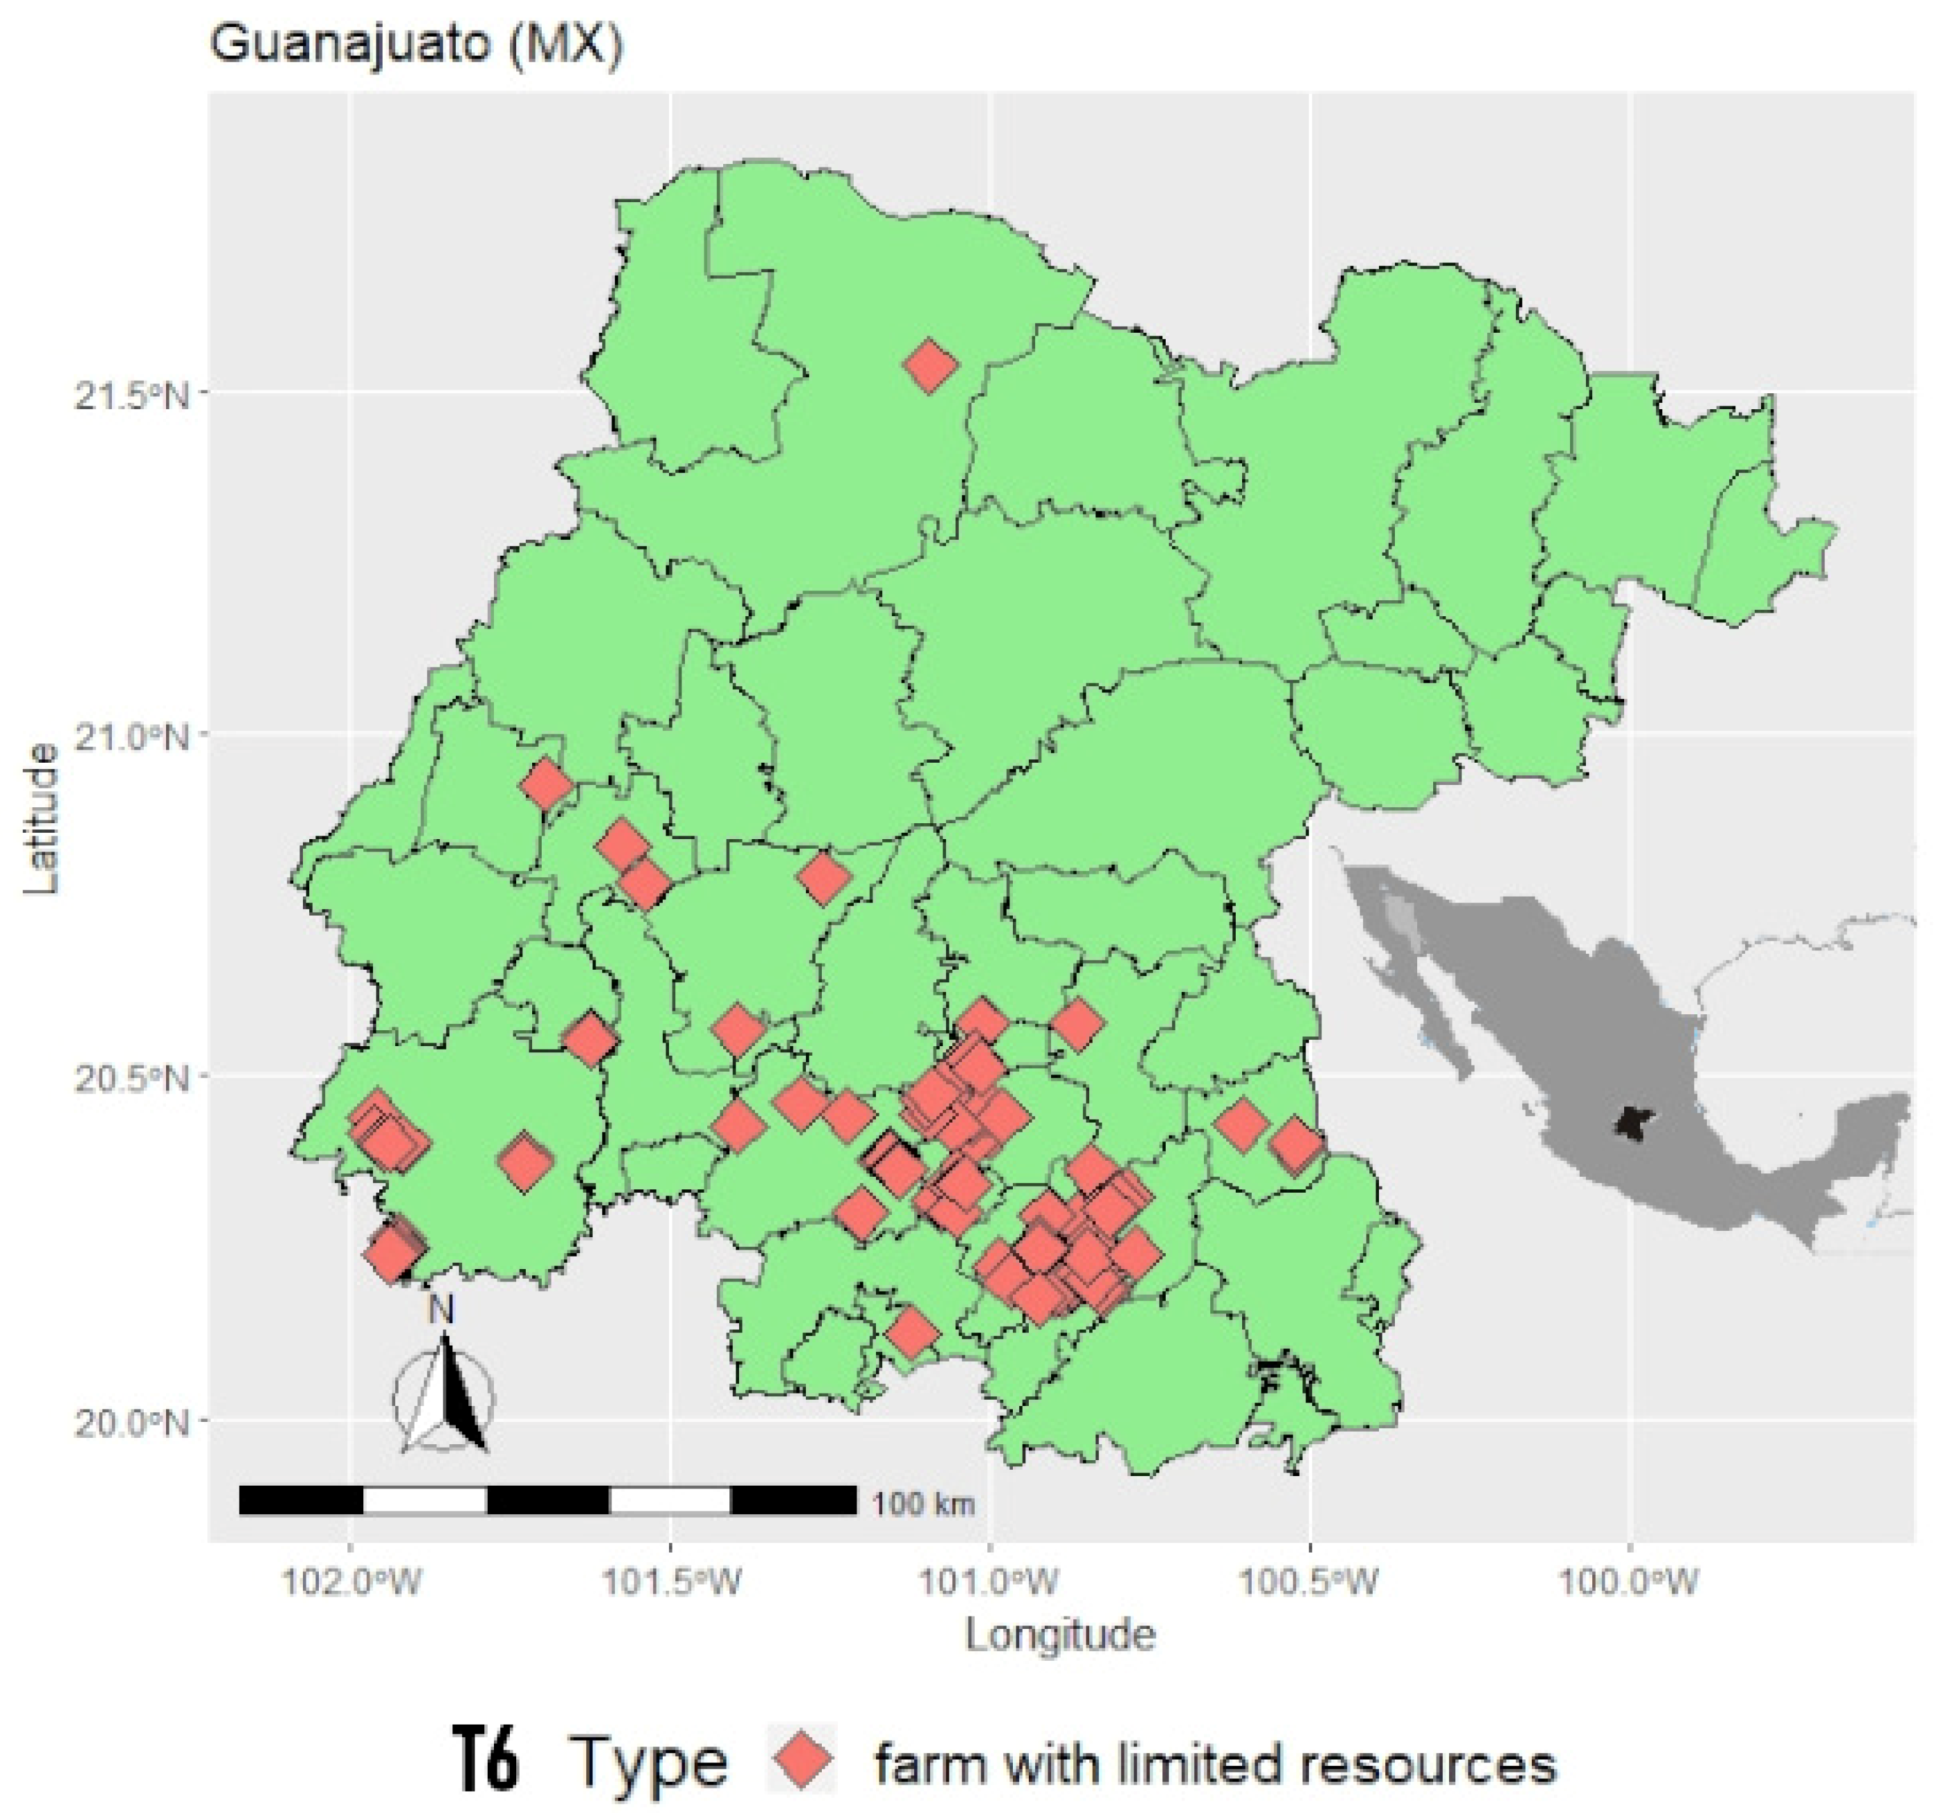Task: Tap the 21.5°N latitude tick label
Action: [131, 397]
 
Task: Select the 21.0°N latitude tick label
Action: [131, 737]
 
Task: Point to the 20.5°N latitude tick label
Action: [131, 1079]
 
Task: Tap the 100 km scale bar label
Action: [923, 1504]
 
